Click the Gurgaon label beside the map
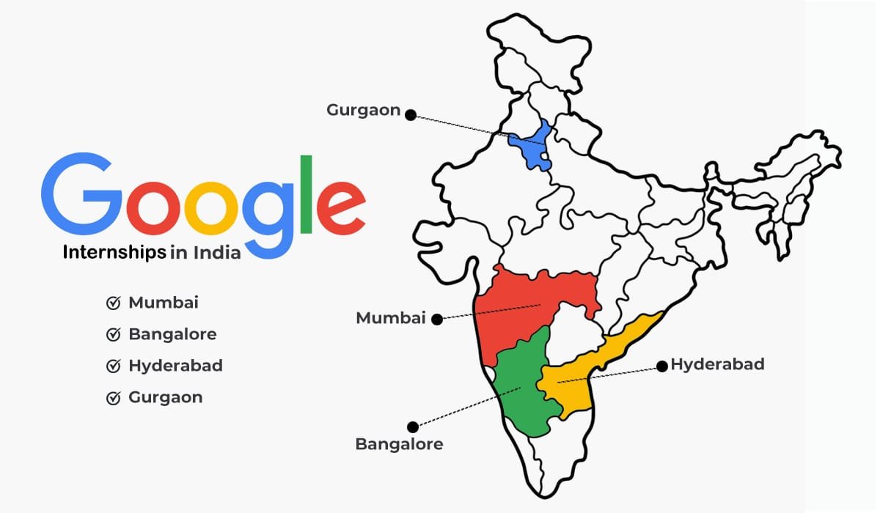(x=364, y=111)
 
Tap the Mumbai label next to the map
(x=391, y=318)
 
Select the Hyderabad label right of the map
(x=717, y=364)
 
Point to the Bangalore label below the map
(x=399, y=444)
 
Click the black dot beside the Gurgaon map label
(x=411, y=114)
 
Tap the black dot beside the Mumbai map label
(x=437, y=319)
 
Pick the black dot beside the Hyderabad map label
(x=661, y=365)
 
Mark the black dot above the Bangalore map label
(x=413, y=427)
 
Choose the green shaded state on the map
(x=522, y=385)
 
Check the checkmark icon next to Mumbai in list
(x=114, y=303)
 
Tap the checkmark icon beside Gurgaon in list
(x=114, y=398)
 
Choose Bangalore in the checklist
(x=172, y=334)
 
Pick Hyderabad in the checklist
(x=175, y=366)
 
